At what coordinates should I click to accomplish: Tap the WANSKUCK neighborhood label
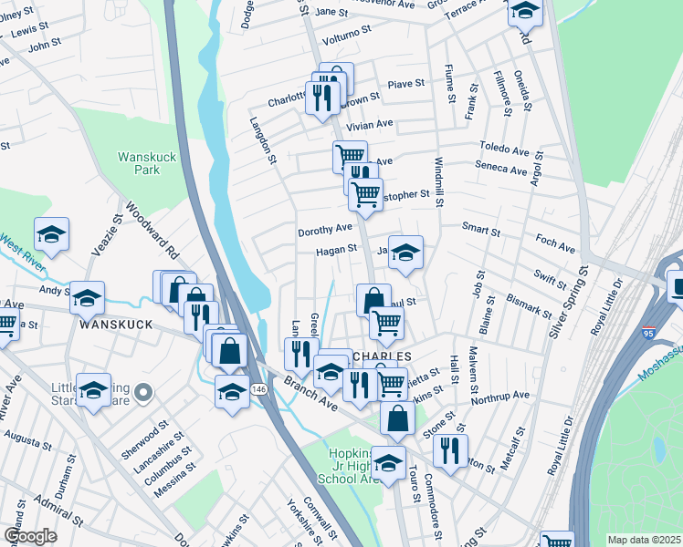(x=113, y=325)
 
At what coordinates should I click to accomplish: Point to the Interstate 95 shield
(x=648, y=332)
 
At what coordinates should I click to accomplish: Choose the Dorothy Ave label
(x=324, y=231)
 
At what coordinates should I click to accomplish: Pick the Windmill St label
(x=438, y=181)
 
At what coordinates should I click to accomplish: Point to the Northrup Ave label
(x=500, y=397)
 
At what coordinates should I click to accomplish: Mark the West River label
(x=25, y=243)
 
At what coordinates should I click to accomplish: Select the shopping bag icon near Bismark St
(x=373, y=300)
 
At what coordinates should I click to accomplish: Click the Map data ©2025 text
(x=644, y=540)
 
